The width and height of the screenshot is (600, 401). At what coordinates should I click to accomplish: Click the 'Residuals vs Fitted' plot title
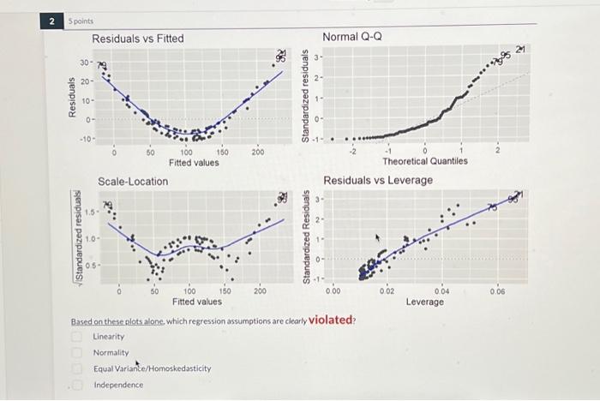(137, 39)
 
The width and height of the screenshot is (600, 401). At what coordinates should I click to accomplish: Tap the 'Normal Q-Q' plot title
(351, 37)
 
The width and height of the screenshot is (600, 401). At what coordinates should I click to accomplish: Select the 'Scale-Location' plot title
(133, 182)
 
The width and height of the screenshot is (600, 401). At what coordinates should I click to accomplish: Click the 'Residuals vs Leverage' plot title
(377, 180)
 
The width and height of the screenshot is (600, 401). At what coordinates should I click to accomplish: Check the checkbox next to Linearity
(79, 337)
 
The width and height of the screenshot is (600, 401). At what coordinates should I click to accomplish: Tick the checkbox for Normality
(79, 352)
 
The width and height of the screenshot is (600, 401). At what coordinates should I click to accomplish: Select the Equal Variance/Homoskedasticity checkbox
(79, 369)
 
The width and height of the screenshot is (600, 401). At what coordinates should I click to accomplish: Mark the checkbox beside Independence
(79, 386)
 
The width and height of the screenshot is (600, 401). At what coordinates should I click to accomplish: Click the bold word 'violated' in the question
(331, 320)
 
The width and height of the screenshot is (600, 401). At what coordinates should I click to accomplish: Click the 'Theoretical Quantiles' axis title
(424, 161)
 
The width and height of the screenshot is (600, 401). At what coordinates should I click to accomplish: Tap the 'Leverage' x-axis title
(424, 302)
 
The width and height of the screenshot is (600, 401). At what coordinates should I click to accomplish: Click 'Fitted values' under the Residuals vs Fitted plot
(194, 162)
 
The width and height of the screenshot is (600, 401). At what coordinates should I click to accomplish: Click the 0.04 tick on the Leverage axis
(443, 292)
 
